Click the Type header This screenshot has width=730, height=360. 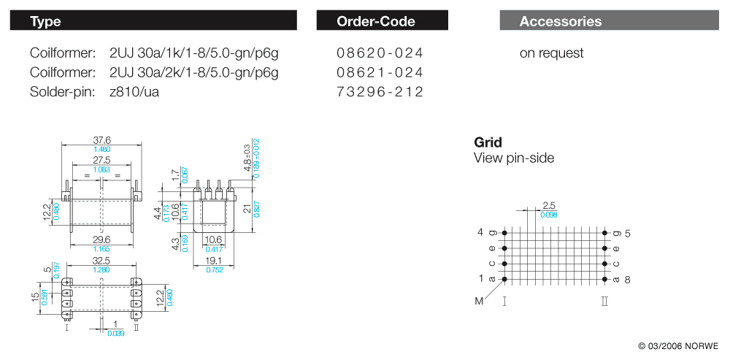(x=46, y=21)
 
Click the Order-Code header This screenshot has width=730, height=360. (x=376, y=21)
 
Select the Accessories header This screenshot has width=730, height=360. (x=561, y=21)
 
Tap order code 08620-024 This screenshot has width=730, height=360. (x=380, y=53)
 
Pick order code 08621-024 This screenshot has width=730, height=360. (x=380, y=72)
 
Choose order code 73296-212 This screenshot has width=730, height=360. (x=380, y=92)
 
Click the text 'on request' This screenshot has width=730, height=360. (x=551, y=53)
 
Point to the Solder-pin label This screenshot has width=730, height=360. (x=63, y=92)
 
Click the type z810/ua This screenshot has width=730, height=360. (x=134, y=92)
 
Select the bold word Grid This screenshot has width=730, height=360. (x=488, y=142)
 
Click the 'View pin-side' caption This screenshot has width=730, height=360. (x=514, y=158)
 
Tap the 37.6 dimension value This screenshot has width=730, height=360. (x=102, y=140)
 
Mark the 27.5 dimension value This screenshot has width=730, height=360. (x=101, y=160)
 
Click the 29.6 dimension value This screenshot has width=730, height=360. (x=101, y=240)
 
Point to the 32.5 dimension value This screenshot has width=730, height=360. (x=101, y=260)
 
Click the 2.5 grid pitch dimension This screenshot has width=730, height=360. (x=550, y=206)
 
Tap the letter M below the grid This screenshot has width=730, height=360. (x=478, y=301)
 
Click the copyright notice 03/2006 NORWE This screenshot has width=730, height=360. (x=678, y=345)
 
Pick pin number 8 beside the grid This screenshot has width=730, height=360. (x=627, y=280)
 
